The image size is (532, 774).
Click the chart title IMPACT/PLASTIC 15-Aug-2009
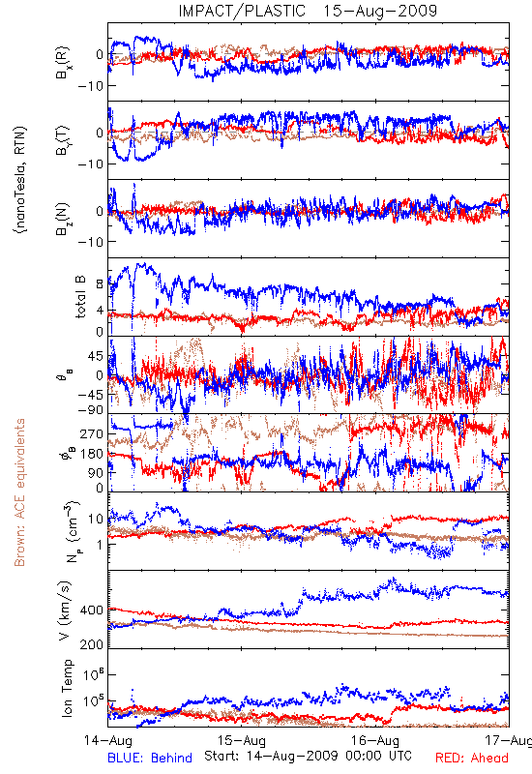(308, 11)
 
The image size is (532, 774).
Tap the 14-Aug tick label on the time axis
(108, 741)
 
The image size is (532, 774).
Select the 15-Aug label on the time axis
(242, 741)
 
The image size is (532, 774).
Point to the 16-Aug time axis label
(375, 741)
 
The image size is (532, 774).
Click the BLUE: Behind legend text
(150, 758)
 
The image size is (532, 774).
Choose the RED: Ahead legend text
(472, 758)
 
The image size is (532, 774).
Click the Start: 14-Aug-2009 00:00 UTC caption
(308, 756)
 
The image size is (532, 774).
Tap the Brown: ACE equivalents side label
(19, 492)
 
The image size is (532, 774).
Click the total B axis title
(80, 297)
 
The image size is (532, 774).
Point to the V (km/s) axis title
(65, 610)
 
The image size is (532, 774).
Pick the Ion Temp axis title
(67, 688)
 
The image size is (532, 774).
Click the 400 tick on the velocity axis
(92, 610)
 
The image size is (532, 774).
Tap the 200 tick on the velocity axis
(92, 644)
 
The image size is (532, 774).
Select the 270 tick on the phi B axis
(92, 433)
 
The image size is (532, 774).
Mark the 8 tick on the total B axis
(100, 284)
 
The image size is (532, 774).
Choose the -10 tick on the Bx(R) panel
(90, 86)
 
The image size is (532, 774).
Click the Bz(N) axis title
(63, 219)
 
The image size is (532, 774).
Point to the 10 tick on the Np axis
(96, 519)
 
